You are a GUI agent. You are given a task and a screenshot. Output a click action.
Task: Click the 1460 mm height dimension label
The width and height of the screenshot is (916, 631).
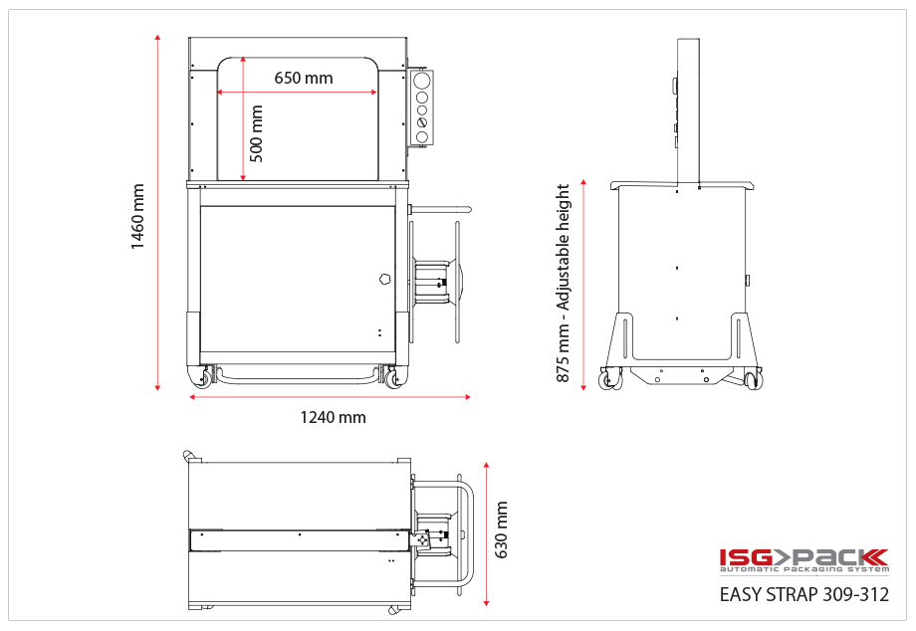137,217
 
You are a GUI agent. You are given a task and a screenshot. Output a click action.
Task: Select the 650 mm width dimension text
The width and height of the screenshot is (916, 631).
304,78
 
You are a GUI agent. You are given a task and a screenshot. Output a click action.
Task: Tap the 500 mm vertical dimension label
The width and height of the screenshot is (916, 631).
257,133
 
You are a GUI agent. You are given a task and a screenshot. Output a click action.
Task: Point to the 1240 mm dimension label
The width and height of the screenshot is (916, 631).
333,417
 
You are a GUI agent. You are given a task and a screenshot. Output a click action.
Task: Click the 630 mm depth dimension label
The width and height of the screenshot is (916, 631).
501,529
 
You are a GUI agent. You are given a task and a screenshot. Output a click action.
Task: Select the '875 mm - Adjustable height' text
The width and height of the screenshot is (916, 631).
564,283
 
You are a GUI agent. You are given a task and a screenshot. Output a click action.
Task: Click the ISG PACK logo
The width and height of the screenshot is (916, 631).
802,561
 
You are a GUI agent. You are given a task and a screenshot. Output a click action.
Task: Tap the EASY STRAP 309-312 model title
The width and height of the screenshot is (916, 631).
803,595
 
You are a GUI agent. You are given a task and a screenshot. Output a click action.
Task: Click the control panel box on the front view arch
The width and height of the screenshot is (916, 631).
421,106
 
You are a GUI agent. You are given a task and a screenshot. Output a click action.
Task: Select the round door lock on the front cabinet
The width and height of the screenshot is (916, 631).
384,280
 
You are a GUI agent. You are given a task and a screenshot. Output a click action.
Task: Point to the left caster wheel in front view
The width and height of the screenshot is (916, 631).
205,377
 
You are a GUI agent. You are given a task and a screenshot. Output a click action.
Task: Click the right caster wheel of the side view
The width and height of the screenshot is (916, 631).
754,379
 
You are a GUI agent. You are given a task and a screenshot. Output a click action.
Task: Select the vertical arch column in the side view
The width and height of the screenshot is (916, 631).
688,109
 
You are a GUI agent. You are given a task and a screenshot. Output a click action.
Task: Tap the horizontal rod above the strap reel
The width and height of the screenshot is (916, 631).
441,209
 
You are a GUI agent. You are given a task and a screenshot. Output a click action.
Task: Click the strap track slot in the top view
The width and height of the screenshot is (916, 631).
299,538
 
